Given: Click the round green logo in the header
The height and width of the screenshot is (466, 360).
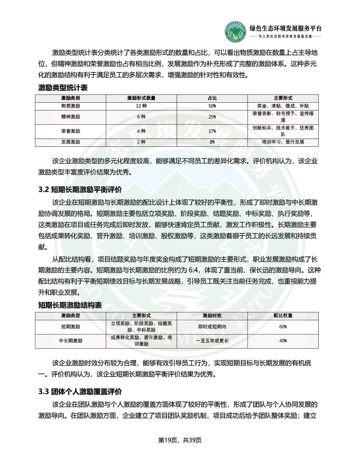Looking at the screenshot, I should coord(236,32).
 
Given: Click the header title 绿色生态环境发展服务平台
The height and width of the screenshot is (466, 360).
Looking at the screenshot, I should coord(285,29).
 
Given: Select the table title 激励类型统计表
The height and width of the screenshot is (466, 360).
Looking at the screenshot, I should coord(63,88).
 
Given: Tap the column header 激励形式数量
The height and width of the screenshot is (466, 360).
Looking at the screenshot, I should coord(141,98).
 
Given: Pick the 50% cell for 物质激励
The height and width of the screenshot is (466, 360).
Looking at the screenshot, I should coord(212,106).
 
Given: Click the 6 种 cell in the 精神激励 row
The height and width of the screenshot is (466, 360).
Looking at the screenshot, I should coord(141,117).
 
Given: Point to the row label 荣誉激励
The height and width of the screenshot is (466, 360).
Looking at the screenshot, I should coord(71,131).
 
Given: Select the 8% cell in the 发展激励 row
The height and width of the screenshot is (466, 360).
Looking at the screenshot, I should coord(212,142).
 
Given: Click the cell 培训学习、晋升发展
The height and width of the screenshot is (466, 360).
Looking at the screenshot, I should coord(283,142).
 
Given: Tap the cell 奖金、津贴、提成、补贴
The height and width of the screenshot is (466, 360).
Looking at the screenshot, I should coord(283,106).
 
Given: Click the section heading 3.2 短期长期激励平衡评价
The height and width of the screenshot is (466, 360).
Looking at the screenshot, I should coord(80,190).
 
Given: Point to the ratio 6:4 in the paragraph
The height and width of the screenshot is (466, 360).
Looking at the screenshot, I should coord(209,270).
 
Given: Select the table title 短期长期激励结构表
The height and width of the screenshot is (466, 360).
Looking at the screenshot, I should coord(70,305).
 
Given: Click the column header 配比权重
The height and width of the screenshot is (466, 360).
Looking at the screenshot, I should coord(283,315).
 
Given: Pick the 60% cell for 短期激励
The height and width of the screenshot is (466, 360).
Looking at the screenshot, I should coord(283,327).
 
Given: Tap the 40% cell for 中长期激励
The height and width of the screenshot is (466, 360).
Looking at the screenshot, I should coord(283,341).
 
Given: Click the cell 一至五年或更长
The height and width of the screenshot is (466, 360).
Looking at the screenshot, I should coord(212,341).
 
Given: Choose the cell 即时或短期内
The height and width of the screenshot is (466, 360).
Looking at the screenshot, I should coord(212,327).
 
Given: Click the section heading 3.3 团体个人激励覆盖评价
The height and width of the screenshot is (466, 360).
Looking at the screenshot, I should coord(80,392).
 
